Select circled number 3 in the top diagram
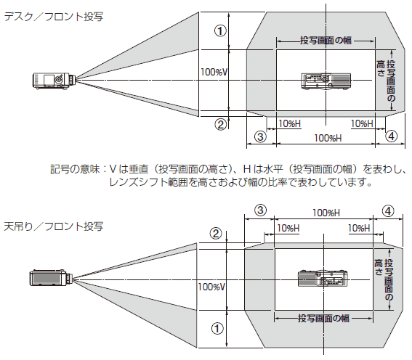259,136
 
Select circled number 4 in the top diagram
390,136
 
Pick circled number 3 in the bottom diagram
259,210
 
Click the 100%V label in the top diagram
214,72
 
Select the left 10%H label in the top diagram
288,124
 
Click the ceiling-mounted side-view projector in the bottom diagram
50,277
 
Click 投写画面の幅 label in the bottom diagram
324,318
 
